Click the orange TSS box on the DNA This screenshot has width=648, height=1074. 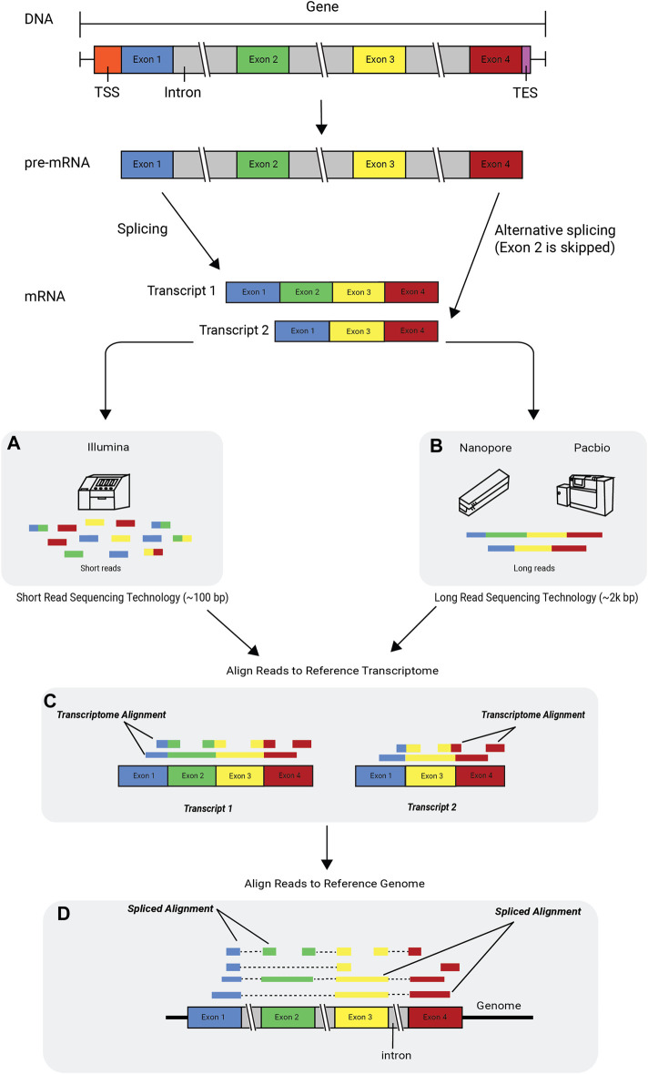pyautogui.click(x=107, y=59)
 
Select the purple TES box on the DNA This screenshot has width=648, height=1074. pyautogui.click(x=526, y=59)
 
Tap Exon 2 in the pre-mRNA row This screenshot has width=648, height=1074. pyautogui.click(x=263, y=165)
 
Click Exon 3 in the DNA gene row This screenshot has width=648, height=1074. pyautogui.click(x=380, y=59)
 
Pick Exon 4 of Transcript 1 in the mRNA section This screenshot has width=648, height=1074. pyautogui.click(x=411, y=292)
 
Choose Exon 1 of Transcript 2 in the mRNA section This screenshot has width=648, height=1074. pyautogui.click(x=302, y=330)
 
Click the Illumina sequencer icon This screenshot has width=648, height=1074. pyautogui.click(x=104, y=491)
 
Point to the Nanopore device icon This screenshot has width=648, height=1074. pyautogui.click(x=483, y=491)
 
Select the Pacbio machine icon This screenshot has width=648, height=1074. pyautogui.click(x=586, y=492)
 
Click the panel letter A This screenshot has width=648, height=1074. pyautogui.click(x=14, y=444)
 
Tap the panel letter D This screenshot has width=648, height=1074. pyautogui.click(x=64, y=914)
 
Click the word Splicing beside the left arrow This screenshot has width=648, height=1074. pyautogui.click(x=143, y=228)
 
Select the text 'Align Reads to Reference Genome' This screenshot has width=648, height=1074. pyautogui.click(x=334, y=884)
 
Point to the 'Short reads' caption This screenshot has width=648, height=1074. pyautogui.click(x=101, y=569)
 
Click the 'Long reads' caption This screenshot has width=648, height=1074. pyautogui.click(x=534, y=569)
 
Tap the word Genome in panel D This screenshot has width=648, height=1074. pyautogui.click(x=499, y=1006)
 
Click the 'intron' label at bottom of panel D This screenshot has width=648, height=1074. pyautogui.click(x=397, y=1056)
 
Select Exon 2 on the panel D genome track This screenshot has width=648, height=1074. pyautogui.click(x=287, y=1018)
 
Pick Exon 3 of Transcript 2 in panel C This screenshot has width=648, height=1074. pyautogui.click(x=431, y=776)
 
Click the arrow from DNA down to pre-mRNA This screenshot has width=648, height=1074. pyautogui.click(x=321, y=117)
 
